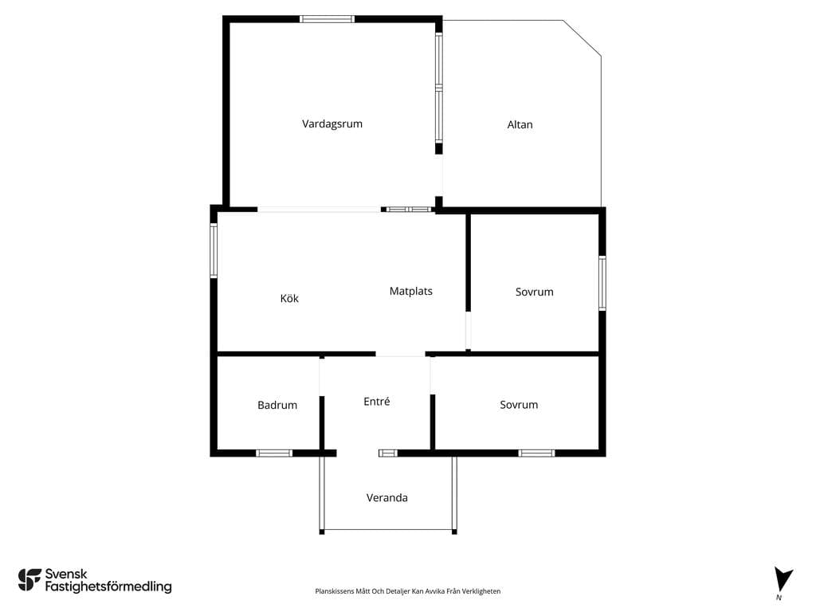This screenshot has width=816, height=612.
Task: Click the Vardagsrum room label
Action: point(332,124)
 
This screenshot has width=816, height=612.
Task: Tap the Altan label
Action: point(520,124)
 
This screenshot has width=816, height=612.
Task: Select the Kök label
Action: point(289,298)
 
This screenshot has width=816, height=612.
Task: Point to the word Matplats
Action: point(410,291)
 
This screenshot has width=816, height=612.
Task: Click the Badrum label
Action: point(277,405)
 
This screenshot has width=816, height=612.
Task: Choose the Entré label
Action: point(377,402)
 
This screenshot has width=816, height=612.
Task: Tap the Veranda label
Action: point(387,497)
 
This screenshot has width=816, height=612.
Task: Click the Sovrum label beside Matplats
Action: point(535,292)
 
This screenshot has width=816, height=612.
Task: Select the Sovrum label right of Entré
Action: point(519,404)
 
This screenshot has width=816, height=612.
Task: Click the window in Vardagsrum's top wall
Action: point(328,19)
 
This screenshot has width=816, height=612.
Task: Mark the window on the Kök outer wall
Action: point(214,250)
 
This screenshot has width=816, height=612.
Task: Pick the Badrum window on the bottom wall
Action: point(274,453)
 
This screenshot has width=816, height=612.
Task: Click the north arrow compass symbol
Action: point(783,579)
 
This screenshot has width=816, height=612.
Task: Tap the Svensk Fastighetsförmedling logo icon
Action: point(29,580)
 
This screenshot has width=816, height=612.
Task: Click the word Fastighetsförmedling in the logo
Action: point(108,586)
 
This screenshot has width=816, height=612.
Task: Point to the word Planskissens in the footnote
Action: point(335,591)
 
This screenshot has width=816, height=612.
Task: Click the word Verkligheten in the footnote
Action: point(482,591)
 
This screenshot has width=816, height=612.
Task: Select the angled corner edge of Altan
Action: point(583,38)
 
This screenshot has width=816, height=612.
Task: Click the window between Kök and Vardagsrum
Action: point(409,210)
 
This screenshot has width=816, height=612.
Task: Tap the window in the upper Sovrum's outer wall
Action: point(602,283)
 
